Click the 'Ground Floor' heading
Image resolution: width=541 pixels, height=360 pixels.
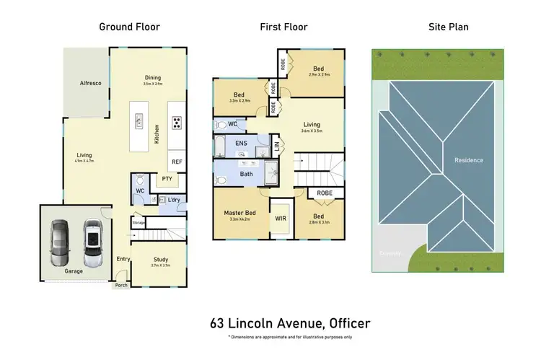[x=130, y=27]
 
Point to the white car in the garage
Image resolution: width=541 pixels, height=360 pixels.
[x=92, y=242]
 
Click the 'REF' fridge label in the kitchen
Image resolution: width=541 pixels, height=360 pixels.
[x=177, y=162]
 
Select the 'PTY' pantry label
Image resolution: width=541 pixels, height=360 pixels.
[x=167, y=179]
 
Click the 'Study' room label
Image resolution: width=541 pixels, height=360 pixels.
[x=161, y=260]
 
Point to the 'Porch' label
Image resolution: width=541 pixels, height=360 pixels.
[x=120, y=285]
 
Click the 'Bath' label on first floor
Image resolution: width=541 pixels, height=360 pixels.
[x=246, y=174]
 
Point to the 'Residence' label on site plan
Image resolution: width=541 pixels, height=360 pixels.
[x=468, y=160]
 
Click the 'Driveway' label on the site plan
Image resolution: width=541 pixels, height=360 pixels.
[x=391, y=253]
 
